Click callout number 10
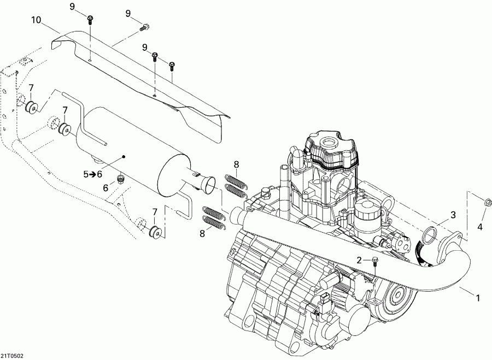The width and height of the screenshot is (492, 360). tap(36, 21)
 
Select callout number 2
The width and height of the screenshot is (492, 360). tap(359, 260)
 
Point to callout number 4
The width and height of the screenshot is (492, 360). tap(481, 226)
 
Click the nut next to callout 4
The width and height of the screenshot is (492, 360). tap(487, 203)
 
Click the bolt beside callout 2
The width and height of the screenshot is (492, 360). tap(375, 261)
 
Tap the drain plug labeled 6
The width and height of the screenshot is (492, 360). tap(122, 179)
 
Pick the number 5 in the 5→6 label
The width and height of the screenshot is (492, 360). tap(85, 174)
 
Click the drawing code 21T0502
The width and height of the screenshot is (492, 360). tap(13, 355)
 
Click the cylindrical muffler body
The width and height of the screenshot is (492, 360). tap(131, 147)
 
